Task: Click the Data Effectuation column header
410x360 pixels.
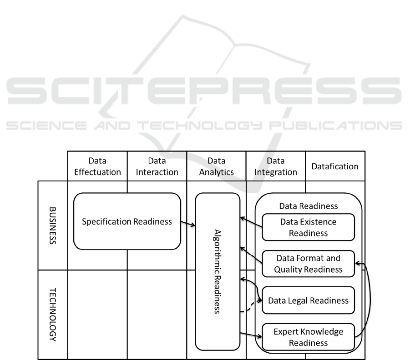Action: click(97, 166)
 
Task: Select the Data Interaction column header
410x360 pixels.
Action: click(157, 166)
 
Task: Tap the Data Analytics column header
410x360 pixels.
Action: click(216, 166)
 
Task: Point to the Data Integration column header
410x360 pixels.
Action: click(275, 166)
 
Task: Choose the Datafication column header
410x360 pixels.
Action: click(335, 166)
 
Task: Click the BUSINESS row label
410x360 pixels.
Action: click(52, 225)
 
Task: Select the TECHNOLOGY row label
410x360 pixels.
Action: click(52, 314)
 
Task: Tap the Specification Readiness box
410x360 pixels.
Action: click(127, 221)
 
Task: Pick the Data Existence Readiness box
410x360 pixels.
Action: click(308, 227)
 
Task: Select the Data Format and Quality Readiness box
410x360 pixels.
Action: click(308, 264)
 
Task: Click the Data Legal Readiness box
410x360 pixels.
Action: click(308, 300)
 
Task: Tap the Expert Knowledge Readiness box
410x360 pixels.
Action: click(308, 337)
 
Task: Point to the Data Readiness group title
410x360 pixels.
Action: click(308, 206)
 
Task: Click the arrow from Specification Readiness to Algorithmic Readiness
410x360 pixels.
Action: click(188, 224)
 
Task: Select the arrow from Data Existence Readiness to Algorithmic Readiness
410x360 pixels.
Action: click(251, 222)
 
